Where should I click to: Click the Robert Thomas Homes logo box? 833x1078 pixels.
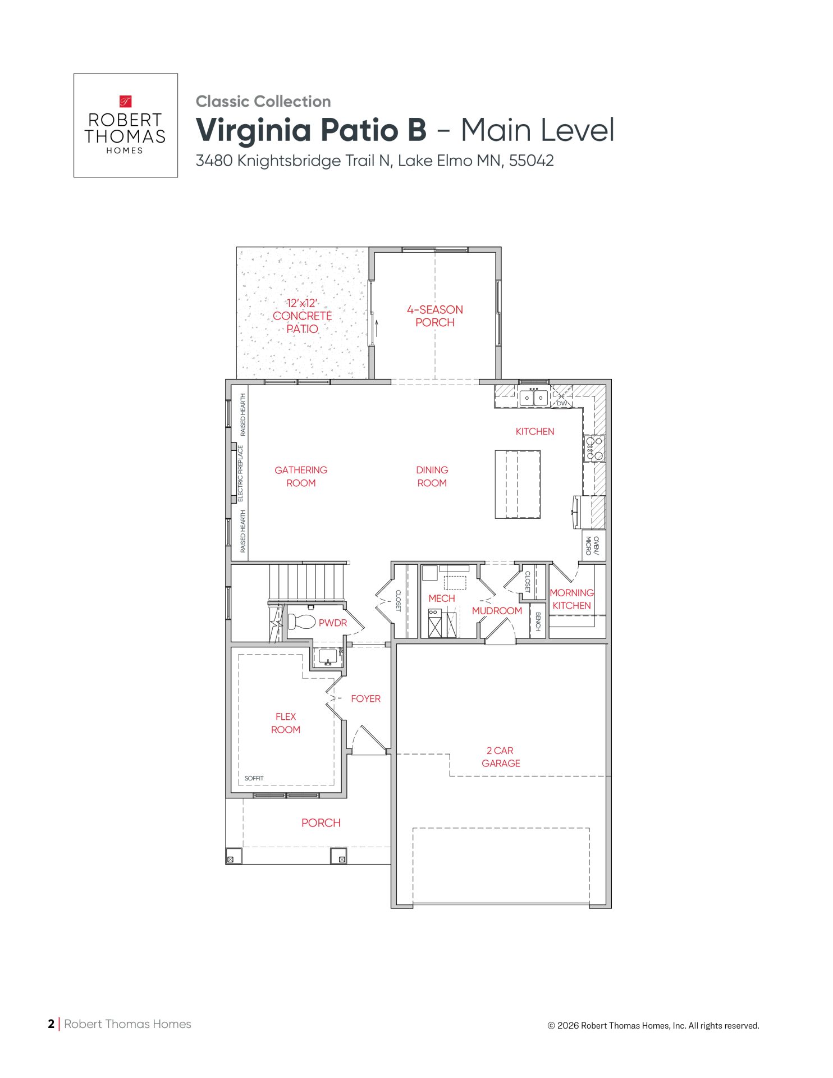[126, 125]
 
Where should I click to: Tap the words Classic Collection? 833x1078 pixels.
[263, 102]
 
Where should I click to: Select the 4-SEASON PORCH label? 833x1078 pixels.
[435, 316]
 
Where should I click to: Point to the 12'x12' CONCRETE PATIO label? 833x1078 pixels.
[302, 316]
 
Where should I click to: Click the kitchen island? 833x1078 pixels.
[518, 484]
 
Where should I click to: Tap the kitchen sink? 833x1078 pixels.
[533, 397]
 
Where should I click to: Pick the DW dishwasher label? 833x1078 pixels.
[562, 403]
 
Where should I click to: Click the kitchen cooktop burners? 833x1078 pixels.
[594, 448]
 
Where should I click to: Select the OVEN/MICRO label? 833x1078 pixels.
[592, 546]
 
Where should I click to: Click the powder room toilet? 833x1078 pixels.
[301, 622]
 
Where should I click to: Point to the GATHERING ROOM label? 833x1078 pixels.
[301, 476]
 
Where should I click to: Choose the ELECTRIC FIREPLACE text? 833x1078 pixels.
[241, 473]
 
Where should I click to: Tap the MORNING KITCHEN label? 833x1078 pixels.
[571, 599]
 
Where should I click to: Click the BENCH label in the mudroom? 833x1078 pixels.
[538, 622]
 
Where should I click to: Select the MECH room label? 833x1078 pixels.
[442, 599]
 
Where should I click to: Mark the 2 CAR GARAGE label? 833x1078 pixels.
[501, 757]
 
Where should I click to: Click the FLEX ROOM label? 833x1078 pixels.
[286, 723]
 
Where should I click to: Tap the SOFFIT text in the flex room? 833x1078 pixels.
[254, 778]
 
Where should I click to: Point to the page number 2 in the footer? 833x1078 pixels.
[51, 1024]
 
